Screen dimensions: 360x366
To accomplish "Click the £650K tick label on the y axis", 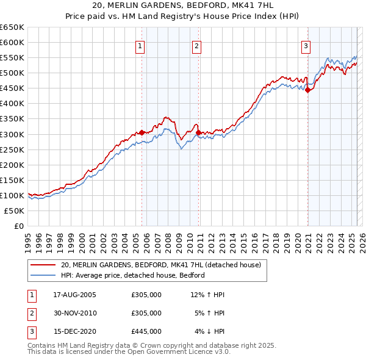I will coord(12,27).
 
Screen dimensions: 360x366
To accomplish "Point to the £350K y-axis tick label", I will coord(12,119).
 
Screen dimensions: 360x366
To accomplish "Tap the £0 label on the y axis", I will coord(18,226).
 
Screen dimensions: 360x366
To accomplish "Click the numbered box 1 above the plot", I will coord(140,46).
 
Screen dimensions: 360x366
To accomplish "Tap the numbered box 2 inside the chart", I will coord(197,46).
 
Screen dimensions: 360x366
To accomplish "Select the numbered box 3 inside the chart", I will coord(306,46).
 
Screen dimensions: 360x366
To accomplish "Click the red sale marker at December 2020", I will coord(307,90).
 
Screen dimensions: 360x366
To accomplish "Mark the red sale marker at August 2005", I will coord(142,132).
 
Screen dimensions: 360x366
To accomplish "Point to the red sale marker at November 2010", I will coord(199,132).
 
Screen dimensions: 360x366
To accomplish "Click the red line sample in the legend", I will coord(43,265).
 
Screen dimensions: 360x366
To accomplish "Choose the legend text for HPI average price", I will coord(132,275).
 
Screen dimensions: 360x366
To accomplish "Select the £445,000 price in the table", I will coord(146,331).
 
